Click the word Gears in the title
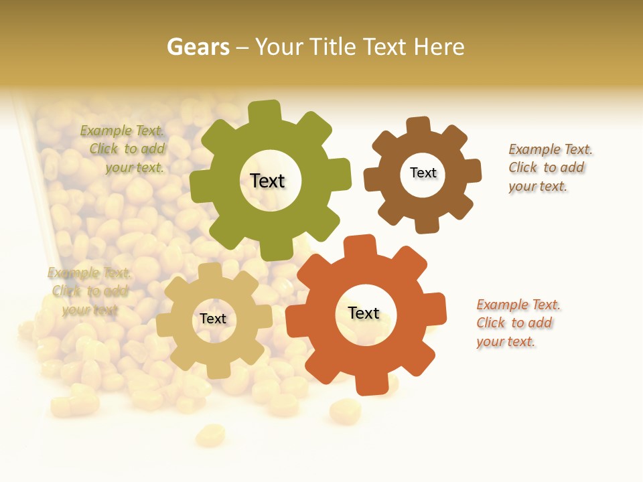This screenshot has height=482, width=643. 198,47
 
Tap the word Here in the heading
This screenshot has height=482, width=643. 439,47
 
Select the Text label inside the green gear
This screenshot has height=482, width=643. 267,181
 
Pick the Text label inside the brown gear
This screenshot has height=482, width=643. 423,173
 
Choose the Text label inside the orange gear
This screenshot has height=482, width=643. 364,313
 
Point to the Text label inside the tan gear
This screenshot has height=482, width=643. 213,319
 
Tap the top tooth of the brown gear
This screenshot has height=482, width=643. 418,126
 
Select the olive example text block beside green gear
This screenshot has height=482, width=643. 124,149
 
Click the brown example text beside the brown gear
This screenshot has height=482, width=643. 549,167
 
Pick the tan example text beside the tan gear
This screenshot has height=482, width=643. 88,291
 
